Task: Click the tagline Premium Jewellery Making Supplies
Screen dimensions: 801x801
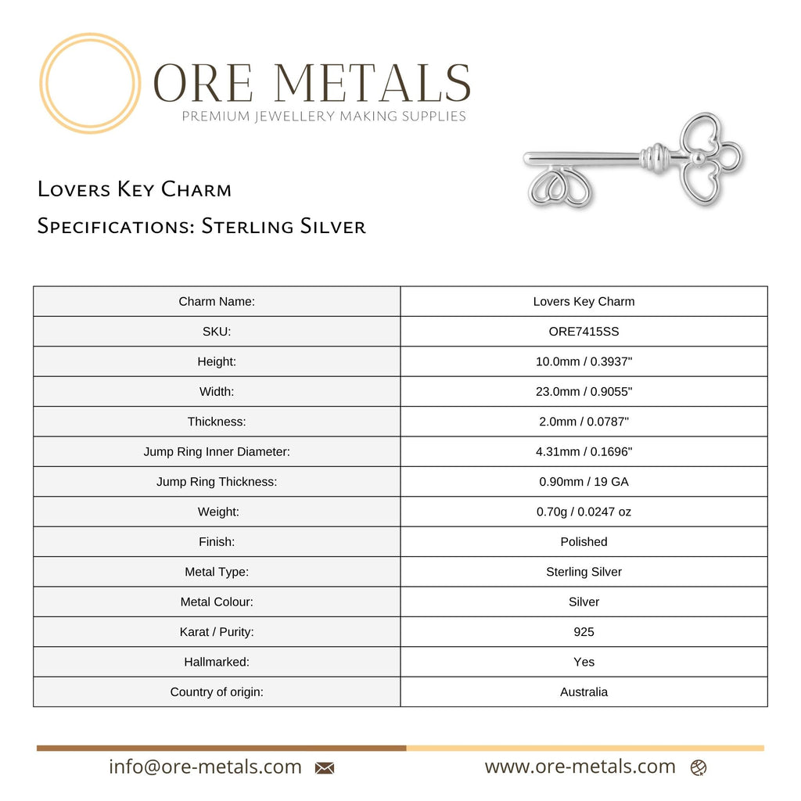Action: click(x=324, y=117)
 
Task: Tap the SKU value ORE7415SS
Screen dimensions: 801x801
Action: click(x=584, y=332)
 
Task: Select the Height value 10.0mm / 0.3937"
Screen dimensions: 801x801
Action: click(x=584, y=361)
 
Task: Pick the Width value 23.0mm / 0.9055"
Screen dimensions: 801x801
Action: click(x=584, y=391)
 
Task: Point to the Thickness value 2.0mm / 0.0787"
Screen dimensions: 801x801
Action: click(x=584, y=422)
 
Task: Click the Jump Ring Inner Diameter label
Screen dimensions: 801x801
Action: click(x=217, y=451)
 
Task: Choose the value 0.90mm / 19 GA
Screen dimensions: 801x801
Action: click(x=584, y=482)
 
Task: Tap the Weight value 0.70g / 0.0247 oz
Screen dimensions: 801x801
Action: click(x=584, y=512)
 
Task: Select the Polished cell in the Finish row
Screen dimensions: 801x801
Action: click(x=584, y=541)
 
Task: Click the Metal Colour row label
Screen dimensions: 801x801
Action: click(x=217, y=602)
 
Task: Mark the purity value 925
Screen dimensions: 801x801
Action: click(x=584, y=631)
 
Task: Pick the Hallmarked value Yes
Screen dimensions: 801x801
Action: click(x=584, y=662)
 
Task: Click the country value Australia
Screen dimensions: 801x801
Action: click(x=584, y=691)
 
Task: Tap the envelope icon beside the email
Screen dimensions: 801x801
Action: click(x=325, y=768)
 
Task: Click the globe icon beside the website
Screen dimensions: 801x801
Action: click(x=699, y=768)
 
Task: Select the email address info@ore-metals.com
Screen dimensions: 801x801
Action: click(x=205, y=767)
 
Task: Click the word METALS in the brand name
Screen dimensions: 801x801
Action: click(x=373, y=82)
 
